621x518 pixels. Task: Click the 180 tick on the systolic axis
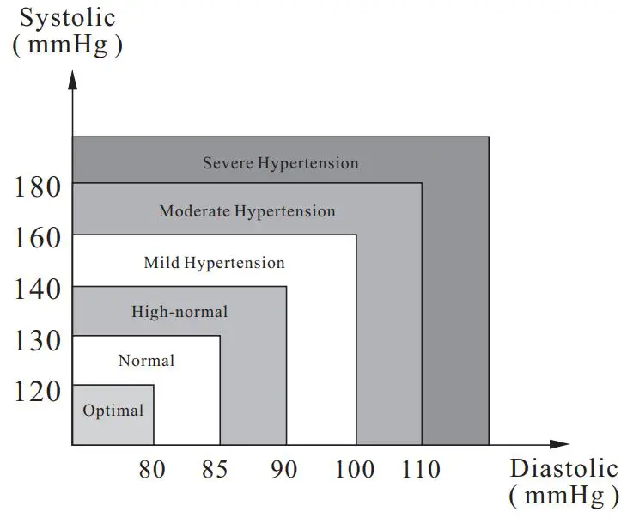[39, 186]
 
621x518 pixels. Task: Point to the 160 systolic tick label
[39, 236]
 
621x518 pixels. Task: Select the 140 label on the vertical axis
[39, 289]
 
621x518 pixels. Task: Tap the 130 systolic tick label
[39, 341]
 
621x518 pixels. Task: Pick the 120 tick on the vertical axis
[39, 391]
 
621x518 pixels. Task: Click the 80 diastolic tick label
[151, 469]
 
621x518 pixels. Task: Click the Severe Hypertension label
[280, 162]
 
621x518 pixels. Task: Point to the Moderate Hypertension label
[247, 210]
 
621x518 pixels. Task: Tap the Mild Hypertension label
[214, 262]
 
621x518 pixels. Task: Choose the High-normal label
[180, 312]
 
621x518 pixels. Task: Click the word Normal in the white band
[146, 361]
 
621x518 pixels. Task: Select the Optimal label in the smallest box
[113, 411]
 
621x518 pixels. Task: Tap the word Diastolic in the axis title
[563, 469]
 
